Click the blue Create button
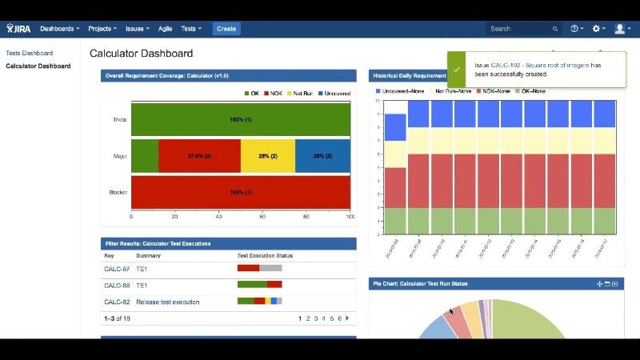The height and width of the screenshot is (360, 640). [x=226, y=29]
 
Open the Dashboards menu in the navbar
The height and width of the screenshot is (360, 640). [x=59, y=29]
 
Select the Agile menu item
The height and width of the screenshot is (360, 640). [x=165, y=29]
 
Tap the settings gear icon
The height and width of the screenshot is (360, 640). [x=596, y=29]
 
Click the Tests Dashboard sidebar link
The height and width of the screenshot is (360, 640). [x=29, y=53]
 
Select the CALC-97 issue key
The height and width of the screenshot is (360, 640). [x=117, y=269]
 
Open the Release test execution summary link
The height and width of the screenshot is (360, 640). [x=167, y=302]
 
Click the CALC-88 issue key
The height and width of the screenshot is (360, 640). [x=117, y=285]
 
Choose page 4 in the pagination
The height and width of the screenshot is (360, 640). [x=324, y=318]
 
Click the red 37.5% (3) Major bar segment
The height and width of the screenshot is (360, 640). [x=199, y=155]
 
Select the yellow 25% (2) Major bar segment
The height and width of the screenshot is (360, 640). [x=268, y=155]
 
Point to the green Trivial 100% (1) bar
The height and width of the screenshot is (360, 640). [x=241, y=119]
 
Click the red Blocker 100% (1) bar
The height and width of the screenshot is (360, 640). [x=241, y=192]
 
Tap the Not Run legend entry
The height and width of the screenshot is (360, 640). [x=300, y=94]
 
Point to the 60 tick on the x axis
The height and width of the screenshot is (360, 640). [x=262, y=217]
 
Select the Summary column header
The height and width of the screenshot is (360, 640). [x=148, y=256]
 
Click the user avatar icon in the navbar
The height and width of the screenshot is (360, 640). [x=620, y=29]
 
